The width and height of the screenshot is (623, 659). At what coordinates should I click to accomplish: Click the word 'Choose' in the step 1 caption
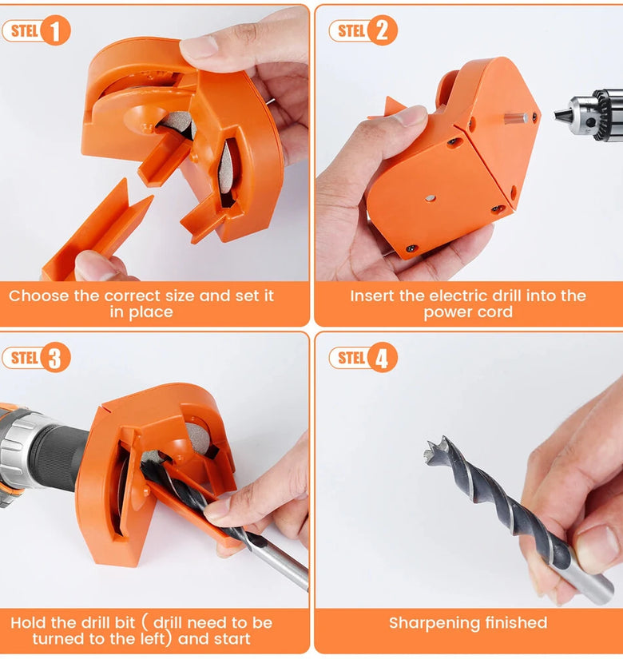(x=39, y=296)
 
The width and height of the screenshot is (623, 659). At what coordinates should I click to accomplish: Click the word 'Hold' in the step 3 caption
(x=29, y=623)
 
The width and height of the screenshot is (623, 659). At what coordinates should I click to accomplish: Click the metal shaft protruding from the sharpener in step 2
(x=515, y=118)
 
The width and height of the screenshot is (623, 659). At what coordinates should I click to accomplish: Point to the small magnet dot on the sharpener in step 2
(x=430, y=198)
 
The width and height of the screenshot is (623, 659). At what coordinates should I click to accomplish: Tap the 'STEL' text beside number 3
(x=25, y=358)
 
